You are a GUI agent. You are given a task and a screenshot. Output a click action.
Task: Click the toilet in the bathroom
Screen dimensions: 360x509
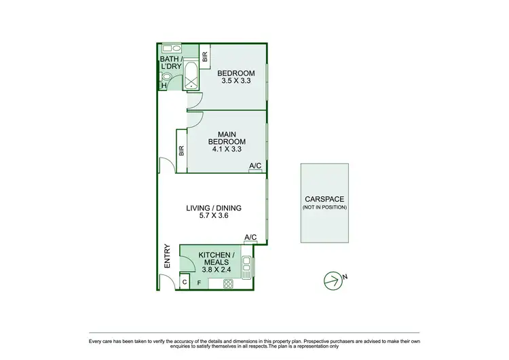165,85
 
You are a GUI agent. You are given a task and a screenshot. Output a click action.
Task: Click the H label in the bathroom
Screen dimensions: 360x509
163,86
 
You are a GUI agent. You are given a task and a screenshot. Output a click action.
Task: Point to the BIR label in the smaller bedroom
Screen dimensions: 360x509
204,57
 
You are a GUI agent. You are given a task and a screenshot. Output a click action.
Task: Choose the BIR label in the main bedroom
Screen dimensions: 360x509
181,151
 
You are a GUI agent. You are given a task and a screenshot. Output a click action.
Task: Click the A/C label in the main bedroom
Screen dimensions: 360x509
256,166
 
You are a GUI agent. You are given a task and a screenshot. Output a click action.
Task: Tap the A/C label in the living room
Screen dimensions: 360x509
250,237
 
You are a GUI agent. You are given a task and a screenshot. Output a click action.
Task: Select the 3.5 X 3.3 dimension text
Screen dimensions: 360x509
236,81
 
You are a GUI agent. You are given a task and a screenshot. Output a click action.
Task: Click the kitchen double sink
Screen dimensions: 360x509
246,267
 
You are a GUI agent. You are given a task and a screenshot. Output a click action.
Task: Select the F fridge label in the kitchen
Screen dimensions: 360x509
199,282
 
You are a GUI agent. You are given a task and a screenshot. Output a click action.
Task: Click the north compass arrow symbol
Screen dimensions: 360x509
331,278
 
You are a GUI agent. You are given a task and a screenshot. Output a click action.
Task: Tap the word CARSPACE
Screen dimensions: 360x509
324,199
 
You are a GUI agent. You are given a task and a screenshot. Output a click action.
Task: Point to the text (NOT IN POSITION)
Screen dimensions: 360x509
324,206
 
